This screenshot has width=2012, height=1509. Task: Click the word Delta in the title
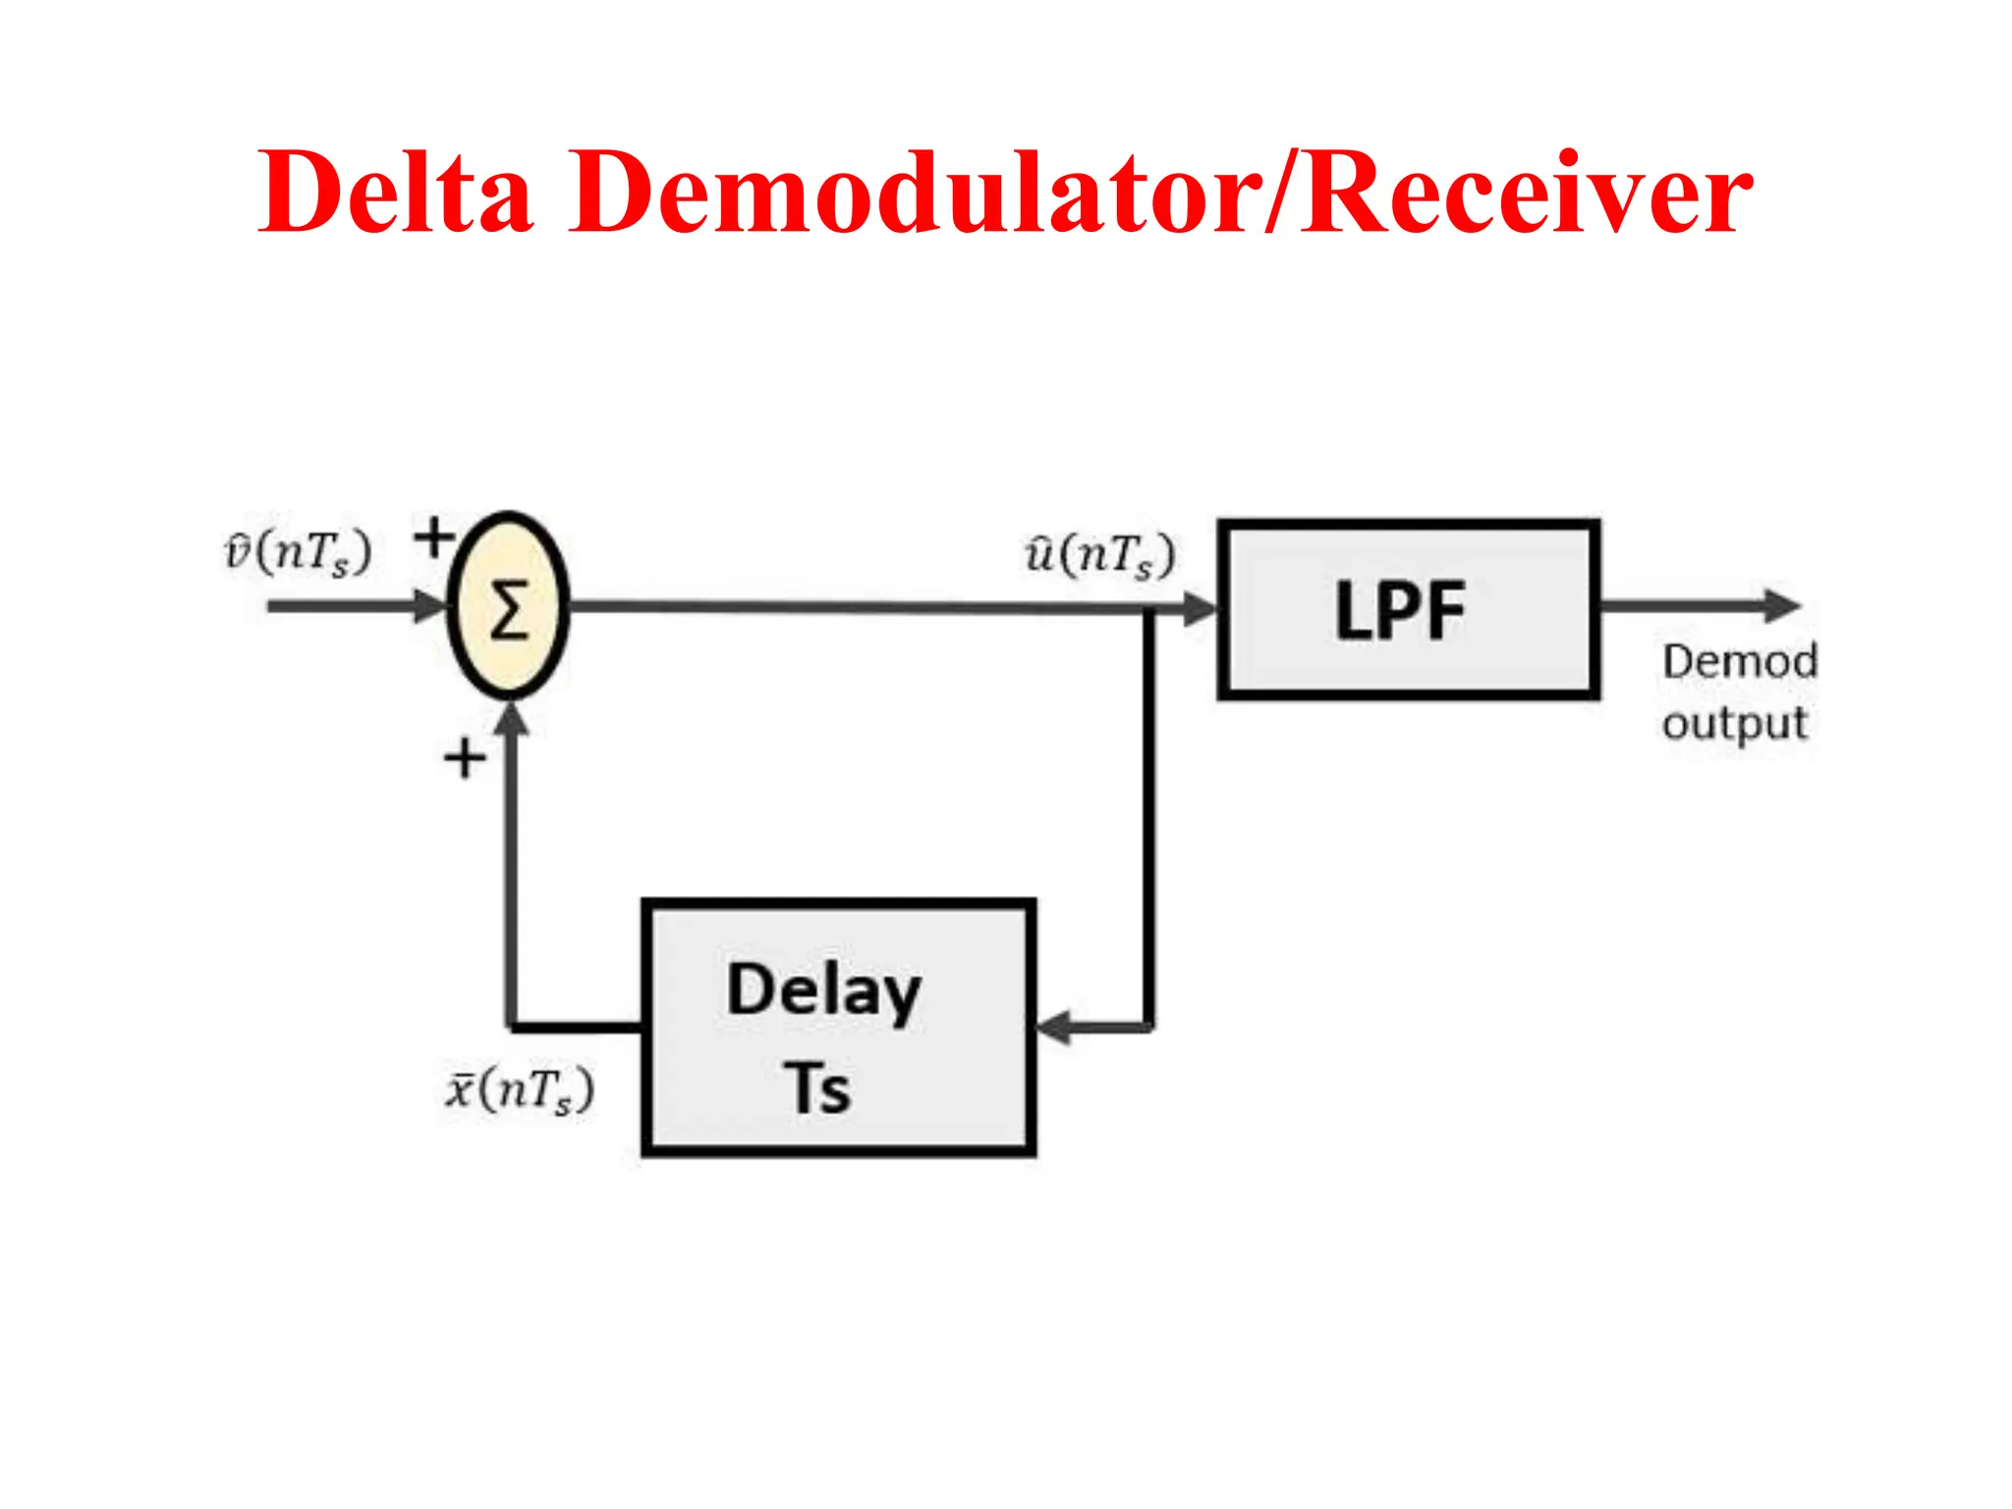[395, 192]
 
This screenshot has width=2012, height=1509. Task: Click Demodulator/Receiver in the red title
[1161, 192]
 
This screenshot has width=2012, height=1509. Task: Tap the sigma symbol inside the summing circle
[509, 610]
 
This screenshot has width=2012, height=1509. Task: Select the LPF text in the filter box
[1400, 611]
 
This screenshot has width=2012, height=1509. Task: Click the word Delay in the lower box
[823, 990]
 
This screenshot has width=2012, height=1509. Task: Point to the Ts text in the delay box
[817, 1089]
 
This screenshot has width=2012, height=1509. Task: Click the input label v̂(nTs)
[299, 552]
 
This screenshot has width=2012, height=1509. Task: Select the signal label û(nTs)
[1100, 555]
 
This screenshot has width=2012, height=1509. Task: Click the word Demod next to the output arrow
[1739, 661]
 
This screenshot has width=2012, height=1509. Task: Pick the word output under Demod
[1734, 724]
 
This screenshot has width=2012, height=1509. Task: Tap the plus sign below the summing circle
[465, 758]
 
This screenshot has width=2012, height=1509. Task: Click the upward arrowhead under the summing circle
[511, 720]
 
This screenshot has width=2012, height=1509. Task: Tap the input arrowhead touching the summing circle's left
[430, 605]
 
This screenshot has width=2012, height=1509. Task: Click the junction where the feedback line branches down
[1147, 610]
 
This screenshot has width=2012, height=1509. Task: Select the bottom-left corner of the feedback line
[512, 1028]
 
